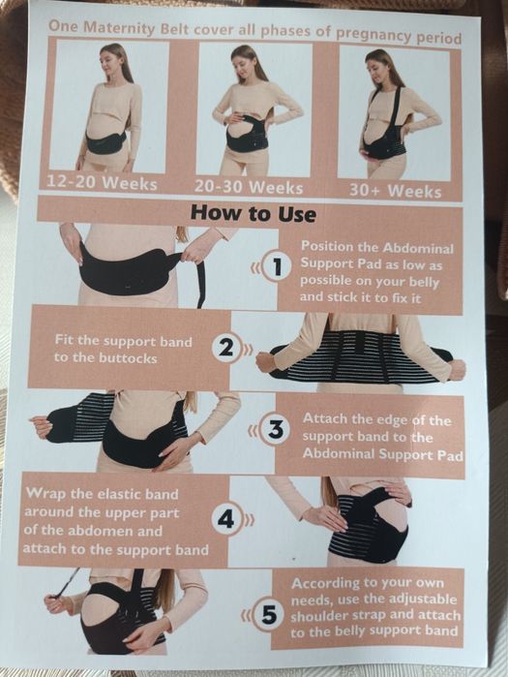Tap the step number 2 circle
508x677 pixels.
pyautogui.click(x=226, y=349)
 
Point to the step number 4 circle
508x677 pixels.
pyautogui.click(x=226, y=519)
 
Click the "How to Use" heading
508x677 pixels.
pyautogui.click(x=254, y=213)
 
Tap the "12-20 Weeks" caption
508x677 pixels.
pyautogui.click(x=102, y=183)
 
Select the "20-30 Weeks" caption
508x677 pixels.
pyautogui.click(x=249, y=187)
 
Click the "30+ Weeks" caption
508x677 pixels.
pyautogui.click(x=395, y=191)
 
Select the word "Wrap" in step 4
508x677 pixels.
pyautogui.click(x=43, y=493)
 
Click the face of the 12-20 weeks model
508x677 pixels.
pyautogui.click(x=111, y=61)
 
